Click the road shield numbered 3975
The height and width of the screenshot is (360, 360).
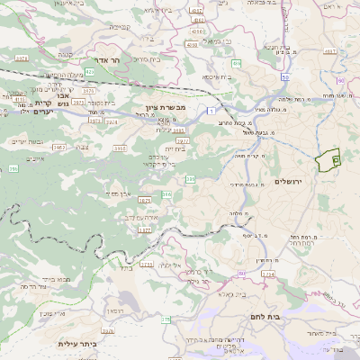tap(87, 90)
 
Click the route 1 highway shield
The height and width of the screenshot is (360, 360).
tap(209, 110)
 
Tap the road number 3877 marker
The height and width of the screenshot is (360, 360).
tap(144, 230)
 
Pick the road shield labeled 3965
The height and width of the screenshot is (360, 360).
tap(59, 147)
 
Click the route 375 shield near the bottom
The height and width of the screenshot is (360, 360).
tap(166, 319)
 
